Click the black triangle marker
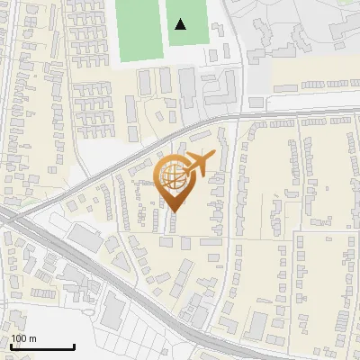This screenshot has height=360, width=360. (181, 24)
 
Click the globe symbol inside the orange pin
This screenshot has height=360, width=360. (174, 176)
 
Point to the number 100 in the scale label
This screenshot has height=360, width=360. (19, 338)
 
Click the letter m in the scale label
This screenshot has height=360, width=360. (32, 338)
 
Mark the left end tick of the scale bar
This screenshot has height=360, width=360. (10, 345)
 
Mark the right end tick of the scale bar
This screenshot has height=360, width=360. (74, 345)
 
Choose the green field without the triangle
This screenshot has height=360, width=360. (138, 31)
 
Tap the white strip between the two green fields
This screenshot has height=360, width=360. (162, 31)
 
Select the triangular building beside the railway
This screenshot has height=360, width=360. (85, 237)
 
